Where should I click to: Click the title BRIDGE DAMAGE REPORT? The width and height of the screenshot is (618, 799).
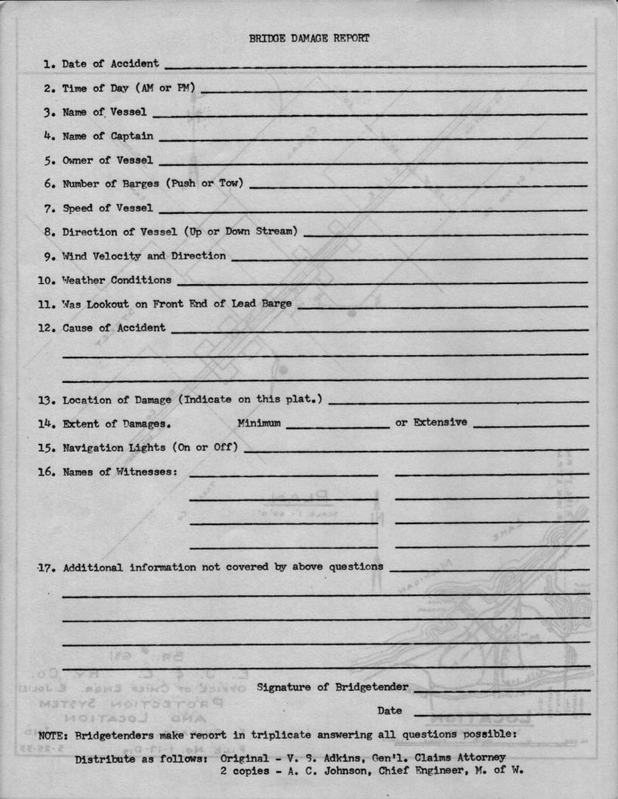tap(309, 38)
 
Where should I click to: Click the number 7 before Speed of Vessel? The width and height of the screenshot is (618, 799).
tap(48, 208)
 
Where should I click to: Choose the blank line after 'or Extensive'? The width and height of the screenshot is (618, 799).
tap(531, 426)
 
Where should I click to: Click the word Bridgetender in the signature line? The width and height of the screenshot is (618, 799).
tap(372, 686)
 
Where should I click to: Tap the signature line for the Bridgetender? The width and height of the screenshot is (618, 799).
tap(502, 689)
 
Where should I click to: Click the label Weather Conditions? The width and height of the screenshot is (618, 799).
tap(117, 279)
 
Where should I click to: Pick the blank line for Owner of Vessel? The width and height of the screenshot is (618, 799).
tap(373, 163)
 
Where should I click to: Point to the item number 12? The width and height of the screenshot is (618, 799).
tap(46, 327)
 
